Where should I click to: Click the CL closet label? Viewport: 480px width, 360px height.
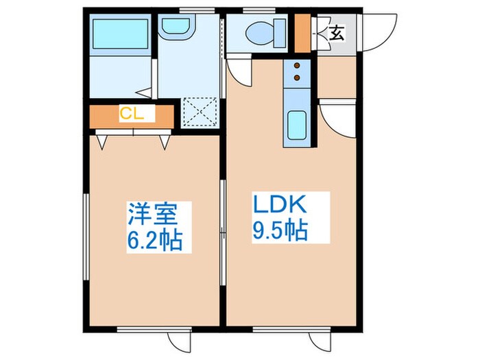point(132,114)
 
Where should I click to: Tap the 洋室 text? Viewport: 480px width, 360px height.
point(152,214)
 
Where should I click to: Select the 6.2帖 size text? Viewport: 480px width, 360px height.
point(154,239)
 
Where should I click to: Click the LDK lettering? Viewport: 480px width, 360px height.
point(279,204)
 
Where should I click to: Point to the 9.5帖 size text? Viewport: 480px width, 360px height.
point(280,230)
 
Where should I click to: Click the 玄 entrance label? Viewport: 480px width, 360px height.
point(337,33)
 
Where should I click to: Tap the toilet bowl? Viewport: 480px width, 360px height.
point(260,33)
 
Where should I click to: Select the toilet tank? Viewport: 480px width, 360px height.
point(280,33)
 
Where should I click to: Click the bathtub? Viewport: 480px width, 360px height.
point(120,34)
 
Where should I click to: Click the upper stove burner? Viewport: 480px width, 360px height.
point(297,65)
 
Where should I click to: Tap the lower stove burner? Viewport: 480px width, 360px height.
point(297,77)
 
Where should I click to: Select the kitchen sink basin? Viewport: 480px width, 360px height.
point(297,125)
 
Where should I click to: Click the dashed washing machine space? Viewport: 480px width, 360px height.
point(200,112)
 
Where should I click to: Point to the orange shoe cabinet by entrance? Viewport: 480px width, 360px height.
point(302,33)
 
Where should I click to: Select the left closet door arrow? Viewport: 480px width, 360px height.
point(102,142)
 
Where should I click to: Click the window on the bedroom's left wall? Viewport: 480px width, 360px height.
point(86,237)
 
